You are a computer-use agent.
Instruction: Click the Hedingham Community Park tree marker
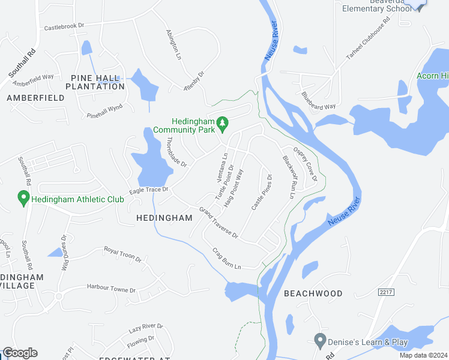[223, 124]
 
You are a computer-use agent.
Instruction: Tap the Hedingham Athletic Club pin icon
[23, 197]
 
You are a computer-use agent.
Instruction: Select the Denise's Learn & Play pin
[320, 340]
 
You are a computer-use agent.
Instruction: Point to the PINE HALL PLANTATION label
[97, 82]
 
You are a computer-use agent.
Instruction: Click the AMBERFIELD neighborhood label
[35, 97]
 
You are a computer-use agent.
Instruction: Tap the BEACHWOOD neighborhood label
[313, 293]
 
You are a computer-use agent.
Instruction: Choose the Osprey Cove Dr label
[305, 163]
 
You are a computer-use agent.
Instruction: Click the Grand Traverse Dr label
[219, 223]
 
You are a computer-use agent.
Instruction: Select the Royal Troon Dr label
[122, 255]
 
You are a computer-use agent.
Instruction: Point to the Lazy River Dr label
[146, 328]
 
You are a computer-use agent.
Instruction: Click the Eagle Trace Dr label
[147, 191]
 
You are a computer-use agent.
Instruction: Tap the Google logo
[20, 353]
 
